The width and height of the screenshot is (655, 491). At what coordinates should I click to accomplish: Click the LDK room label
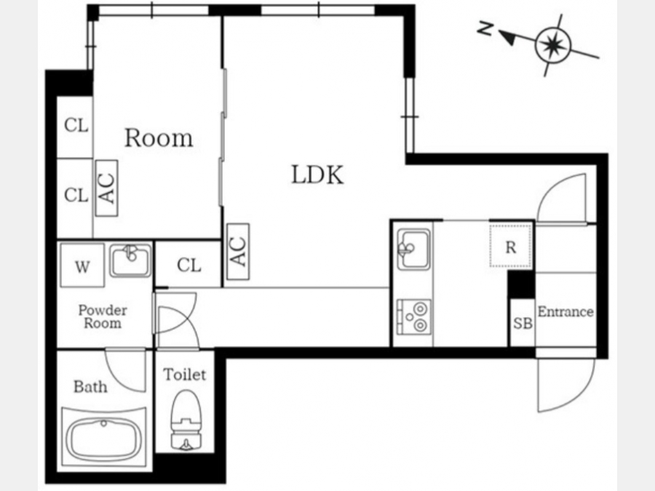tap(317, 175)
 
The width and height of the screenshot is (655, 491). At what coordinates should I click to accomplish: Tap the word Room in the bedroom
tap(159, 137)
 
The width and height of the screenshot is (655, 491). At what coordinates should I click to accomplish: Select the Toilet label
tap(185, 375)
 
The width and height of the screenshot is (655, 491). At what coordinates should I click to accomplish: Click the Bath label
tap(90, 387)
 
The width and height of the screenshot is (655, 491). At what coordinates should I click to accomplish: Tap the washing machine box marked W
tap(82, 266)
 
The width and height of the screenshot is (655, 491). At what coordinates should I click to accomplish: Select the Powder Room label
tap(103, 316)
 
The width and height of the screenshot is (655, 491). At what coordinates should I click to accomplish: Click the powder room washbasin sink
tap(130, 260)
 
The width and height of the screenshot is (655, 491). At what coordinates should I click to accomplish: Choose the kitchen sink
tap(413, 250)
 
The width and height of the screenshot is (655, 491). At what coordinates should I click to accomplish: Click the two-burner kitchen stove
tap(413, 317)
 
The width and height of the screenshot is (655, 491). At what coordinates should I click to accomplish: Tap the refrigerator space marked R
tap(510, 246)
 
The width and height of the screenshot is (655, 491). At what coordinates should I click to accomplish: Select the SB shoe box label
tap(523, 323)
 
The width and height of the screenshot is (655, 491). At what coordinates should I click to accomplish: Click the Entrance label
tap(565, 311)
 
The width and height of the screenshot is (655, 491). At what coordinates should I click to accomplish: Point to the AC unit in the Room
tap(106, 188)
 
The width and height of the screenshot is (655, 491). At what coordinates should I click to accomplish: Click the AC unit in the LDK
tap(238, 252)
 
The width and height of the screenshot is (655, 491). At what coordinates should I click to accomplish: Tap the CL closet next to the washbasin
tap(188, 265)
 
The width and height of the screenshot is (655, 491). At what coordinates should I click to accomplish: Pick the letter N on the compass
tap(485, 28)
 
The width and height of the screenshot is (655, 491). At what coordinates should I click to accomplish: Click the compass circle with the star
tap(552, 44)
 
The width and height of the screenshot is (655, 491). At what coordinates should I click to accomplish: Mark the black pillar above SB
tap(521, 284)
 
